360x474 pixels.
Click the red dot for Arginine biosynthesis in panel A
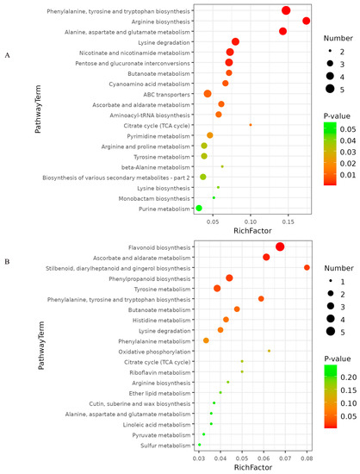[307, 21]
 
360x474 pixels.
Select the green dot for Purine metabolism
[199, 208]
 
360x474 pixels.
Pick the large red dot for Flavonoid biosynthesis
[280, 247]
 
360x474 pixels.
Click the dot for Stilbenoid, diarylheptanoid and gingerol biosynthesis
[307, 268]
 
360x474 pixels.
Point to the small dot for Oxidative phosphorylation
[269, 351]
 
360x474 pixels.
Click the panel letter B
[8, 259]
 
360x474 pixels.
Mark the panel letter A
[8, 54]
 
